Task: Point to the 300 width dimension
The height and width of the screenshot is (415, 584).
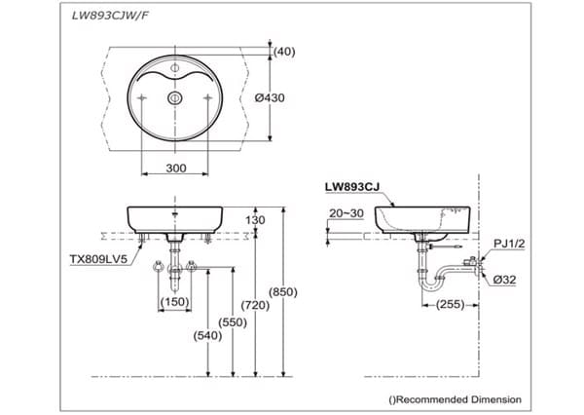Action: (x=175, y=169)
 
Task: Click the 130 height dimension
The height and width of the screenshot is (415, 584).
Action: (x=255, y=220)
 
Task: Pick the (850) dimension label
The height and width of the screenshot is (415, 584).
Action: (x=282, y=291)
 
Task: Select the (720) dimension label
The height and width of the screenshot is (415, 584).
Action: (x=255, y=305)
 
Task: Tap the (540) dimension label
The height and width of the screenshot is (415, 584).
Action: (x=208, y=335)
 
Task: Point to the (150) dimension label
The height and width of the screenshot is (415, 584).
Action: (x=174, y=302)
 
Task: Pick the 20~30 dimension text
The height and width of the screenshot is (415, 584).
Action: (x=346, y=211)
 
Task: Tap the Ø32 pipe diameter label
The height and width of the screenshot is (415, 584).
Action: (x=505, y=280)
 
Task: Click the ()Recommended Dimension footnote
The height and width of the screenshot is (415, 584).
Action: (x=455, y=399)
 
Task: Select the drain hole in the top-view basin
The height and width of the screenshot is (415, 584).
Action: (x=175, y=98)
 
